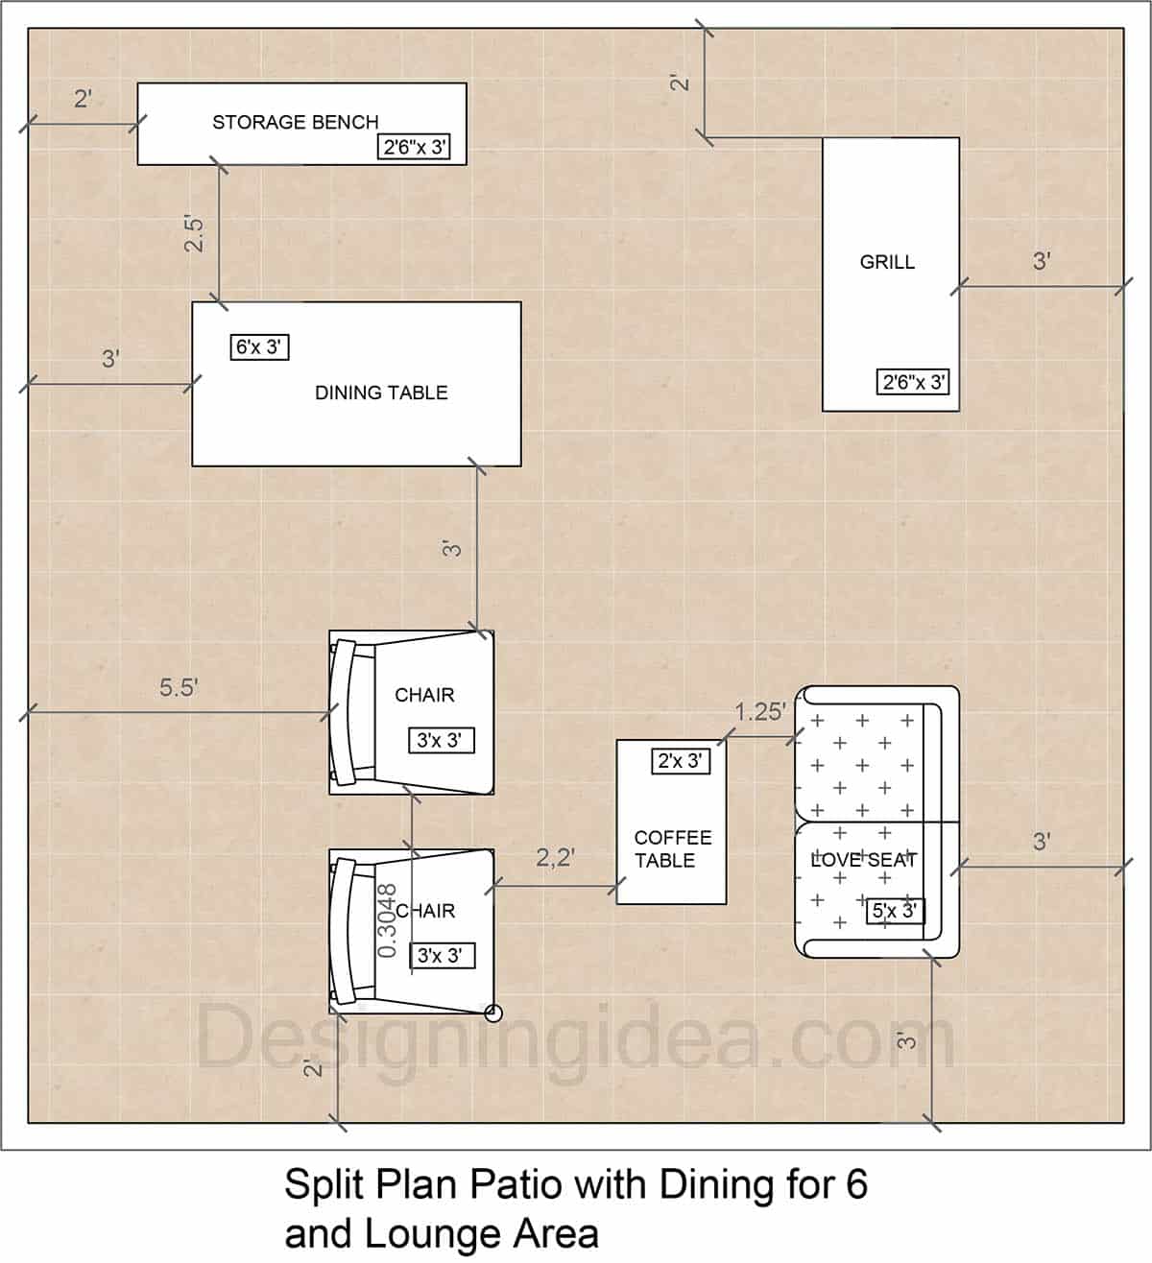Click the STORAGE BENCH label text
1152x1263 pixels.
tap(295, 122)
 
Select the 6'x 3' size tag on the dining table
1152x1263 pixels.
tap(259, 346)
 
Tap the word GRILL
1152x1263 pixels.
tap(887, 261)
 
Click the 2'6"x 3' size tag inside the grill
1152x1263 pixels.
tap(914, 382)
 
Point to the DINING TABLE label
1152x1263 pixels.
tap(381, 393)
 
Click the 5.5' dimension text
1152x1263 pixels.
tap(179, 687)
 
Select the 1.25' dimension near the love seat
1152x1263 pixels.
tap(760, 711)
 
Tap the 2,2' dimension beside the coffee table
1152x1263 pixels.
tap(555, 857)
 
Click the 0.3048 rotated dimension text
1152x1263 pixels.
tap(387, 920)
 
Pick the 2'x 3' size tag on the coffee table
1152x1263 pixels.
tap(681, 761)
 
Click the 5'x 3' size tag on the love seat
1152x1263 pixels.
tap(895, 910)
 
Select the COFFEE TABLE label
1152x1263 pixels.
tap(671, 848)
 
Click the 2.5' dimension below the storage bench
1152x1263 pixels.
tap(195, 233)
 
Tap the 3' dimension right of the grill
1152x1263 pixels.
tap(1042, 260)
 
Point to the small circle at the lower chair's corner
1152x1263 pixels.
tap(493, 1011)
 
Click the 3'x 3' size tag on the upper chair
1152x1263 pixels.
tap(440, 741)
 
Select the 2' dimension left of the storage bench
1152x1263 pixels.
tap(84, 98)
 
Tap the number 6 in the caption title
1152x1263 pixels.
tap(856, 1184)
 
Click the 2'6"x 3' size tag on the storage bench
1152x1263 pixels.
tap(414, 147)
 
